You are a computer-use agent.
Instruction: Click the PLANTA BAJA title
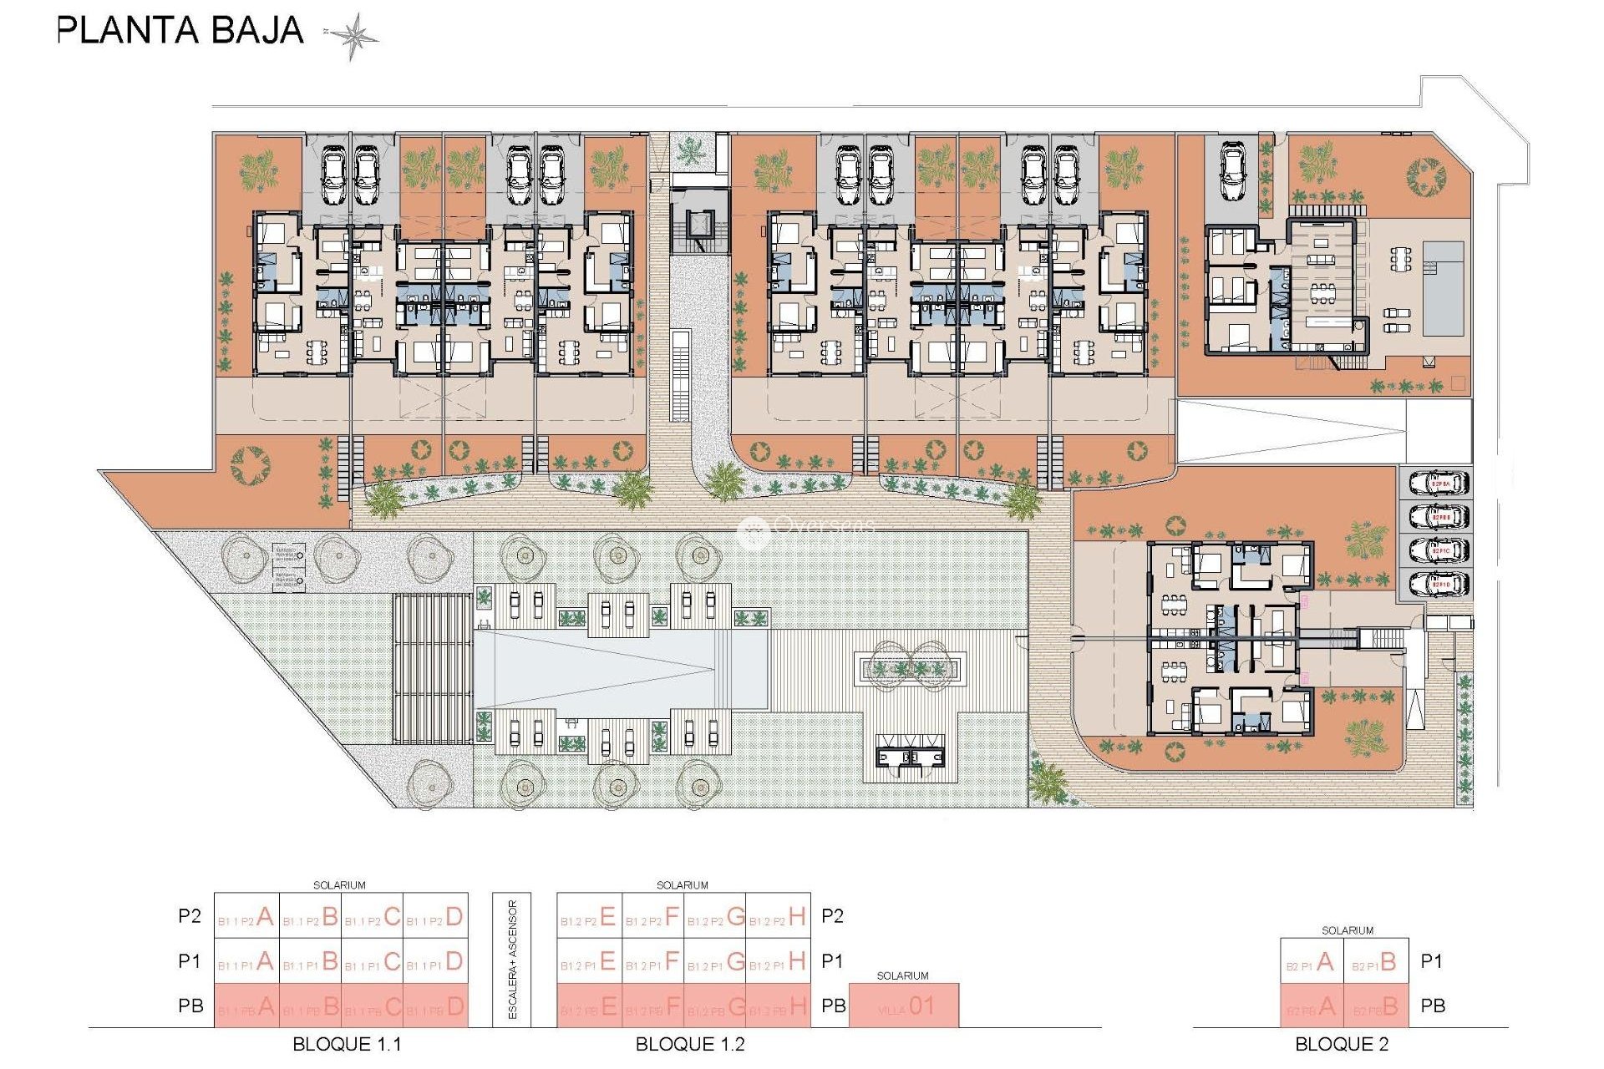[x=180, y=31]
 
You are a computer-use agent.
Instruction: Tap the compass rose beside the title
[x=353, y=36]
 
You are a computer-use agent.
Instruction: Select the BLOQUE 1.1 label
[x=347, y=1044]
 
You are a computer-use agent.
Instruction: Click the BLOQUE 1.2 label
[x=690, y=1044]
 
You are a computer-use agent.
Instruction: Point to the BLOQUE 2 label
[x=1342, y=1044]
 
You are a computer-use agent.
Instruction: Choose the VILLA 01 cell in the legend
[x=904, y=1006]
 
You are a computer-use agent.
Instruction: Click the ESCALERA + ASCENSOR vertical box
[x=512, y=960]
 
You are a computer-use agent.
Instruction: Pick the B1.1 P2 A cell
[x=246, y=917]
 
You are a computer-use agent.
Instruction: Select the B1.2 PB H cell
[x=778, y=1007]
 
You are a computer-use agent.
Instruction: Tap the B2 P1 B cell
[x=1376, y=962]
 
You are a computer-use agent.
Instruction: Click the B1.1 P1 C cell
[x=373, y=962]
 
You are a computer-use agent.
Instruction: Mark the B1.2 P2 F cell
[x=652, y=917]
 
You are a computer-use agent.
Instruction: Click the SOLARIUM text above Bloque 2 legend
[x=1347, y=930]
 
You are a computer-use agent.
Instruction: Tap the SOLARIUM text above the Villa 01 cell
[x=902, y=975]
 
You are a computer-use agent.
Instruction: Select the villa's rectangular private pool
[x=1444, y=288]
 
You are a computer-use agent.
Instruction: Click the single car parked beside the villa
[x=1232, y=171]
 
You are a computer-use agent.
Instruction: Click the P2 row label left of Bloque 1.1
[x=190, y=916]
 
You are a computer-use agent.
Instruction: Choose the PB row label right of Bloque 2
[x=1433, y=1006]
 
